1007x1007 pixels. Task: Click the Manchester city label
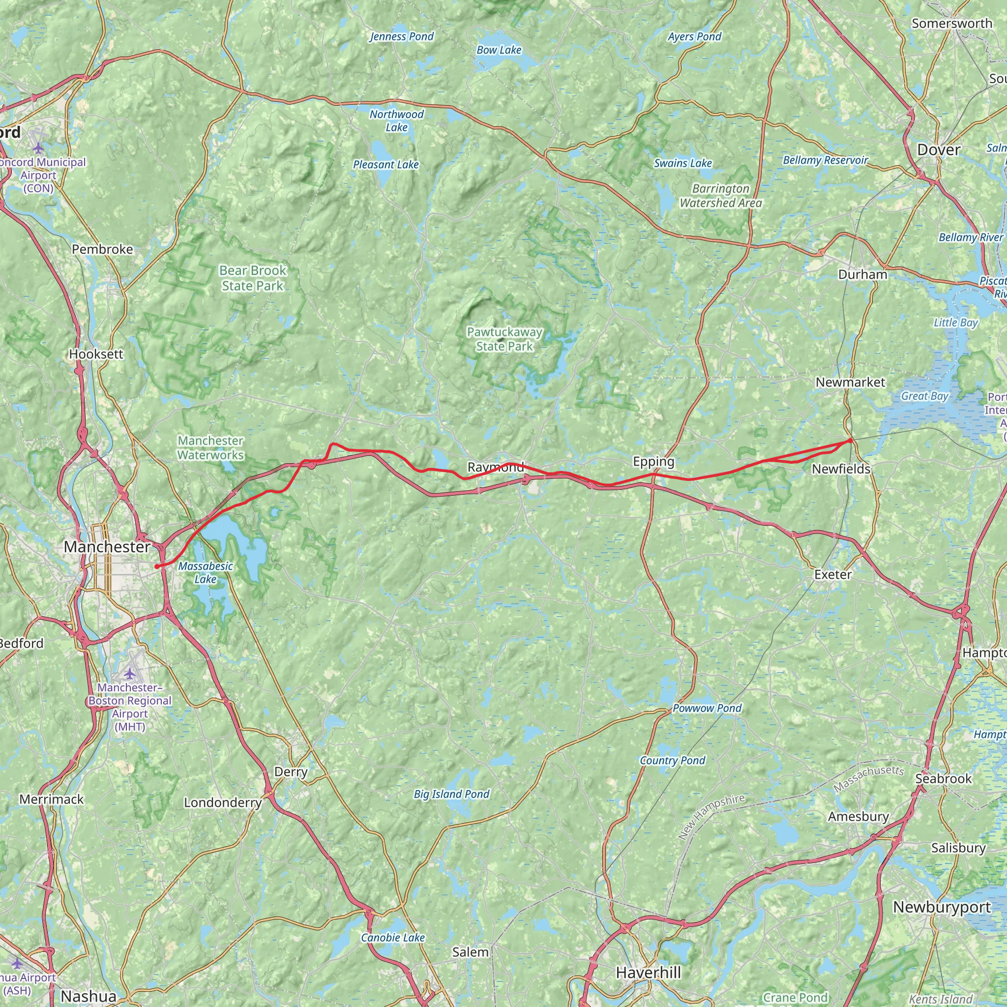[107, 547]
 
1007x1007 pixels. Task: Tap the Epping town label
[653, 461]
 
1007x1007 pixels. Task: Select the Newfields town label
[841, 469]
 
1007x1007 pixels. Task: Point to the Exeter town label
[832, 574]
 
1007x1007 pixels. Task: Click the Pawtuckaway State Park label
[504, 339]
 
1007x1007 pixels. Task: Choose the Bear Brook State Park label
[252, 278]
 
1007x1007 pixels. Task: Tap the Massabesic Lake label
[206, 572]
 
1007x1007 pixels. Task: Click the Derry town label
[291, 772]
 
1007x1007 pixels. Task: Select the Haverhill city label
[648, 973]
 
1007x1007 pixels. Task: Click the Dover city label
[938, 150]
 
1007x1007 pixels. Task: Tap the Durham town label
[862, 274]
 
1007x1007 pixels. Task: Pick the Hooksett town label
[96, 354]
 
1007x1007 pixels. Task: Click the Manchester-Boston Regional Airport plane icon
[129, 675]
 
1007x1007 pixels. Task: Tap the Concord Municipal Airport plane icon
[38, 149]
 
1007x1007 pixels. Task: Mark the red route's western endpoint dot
[156, 566]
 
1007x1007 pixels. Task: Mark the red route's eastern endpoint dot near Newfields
[851, 441]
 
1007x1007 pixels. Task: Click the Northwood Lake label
[397, 121]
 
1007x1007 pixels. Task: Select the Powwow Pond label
[707, 708]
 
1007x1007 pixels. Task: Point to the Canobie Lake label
[392, 938]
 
